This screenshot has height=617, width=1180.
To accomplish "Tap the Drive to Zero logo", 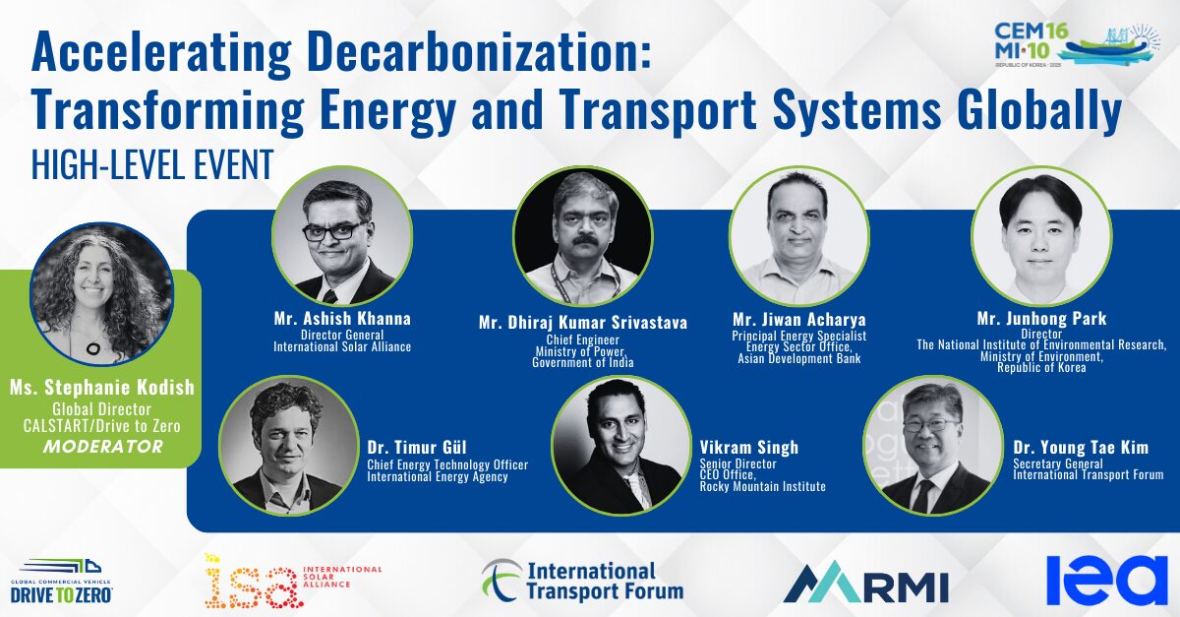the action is pos(62,583).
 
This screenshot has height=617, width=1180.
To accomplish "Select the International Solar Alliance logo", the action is pos(293,581).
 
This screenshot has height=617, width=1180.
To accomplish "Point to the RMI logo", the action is pos(866,584).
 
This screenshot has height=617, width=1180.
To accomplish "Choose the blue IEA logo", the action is pos(1107,580).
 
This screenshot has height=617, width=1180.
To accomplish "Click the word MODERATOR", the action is pos(102,447).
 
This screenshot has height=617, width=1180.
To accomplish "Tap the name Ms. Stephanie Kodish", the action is pos(102,388).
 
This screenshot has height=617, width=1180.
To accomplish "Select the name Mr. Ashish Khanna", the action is pos(342,319).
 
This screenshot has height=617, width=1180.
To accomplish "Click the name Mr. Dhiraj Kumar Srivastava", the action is pos(583,322).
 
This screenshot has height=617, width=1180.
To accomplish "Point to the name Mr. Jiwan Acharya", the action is pos(799,320).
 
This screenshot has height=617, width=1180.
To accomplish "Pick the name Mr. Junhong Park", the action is pos(1041,319).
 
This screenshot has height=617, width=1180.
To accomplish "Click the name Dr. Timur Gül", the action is pos(417,448).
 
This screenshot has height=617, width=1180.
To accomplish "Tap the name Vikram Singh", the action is pos(749,448).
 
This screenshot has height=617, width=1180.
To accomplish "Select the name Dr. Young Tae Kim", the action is pos(1081,448).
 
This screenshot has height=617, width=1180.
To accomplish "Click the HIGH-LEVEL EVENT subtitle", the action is pos(152,164).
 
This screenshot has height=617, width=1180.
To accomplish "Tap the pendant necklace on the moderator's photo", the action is pos(94,348).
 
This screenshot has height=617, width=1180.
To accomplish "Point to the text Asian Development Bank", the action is pos(799,358).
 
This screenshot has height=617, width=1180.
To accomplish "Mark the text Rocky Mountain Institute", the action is pos(762,486).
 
